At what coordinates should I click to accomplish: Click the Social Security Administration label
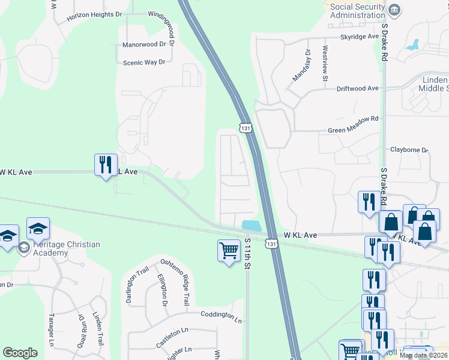[358, 11]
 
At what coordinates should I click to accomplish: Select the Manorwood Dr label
[143, 44]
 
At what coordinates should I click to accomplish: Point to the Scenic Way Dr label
[143, 62]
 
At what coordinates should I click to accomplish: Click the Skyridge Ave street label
[360, 37]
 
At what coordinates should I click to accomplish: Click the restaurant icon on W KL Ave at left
[106, 165]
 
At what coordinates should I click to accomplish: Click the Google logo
[20, 353]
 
